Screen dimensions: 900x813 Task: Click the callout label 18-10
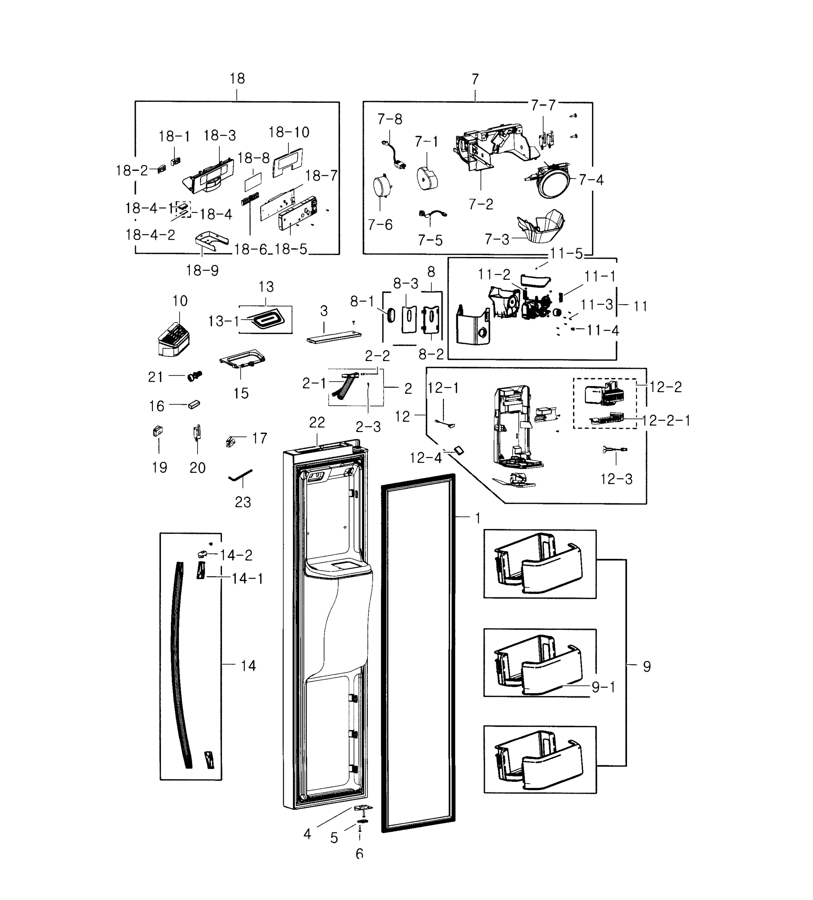click(288, 132)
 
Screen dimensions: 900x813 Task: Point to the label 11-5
click(566, 253)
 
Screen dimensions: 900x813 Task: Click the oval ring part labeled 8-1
click(391, 315)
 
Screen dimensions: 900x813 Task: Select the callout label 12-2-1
click(666, 420)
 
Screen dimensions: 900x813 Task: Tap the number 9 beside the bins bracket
click(646, 666)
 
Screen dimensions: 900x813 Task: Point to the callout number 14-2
click(236, 555)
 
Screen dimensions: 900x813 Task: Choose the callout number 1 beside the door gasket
click(478, 518)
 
